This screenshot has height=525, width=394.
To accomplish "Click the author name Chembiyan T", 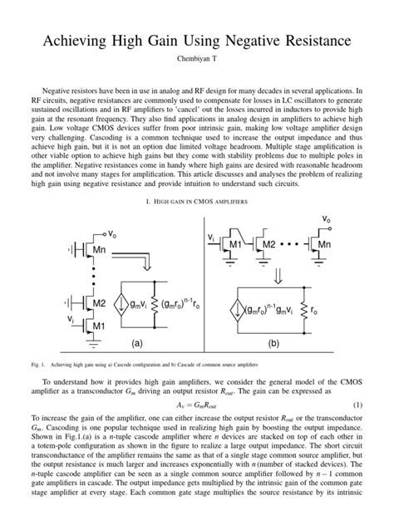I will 196,61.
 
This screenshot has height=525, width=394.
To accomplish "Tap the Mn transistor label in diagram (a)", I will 98,248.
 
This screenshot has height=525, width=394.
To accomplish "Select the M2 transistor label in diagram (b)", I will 268,246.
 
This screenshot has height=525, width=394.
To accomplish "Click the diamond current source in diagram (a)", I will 118,307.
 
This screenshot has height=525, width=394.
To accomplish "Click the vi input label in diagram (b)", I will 212,237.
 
